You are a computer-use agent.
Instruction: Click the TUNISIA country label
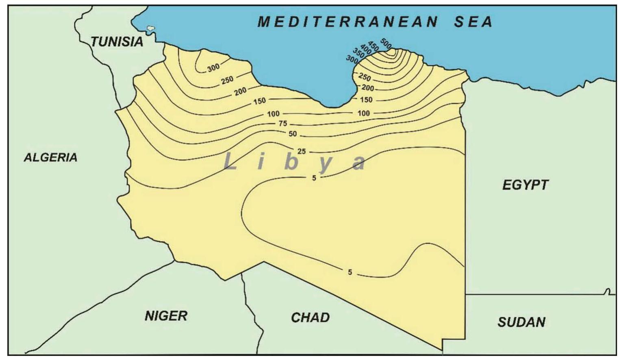click(x=117, y=41)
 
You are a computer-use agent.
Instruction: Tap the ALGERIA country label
click(x=50, y=157)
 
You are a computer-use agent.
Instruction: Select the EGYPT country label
click(x=525, y=185)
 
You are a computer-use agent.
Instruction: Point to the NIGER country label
click(x=166, y=316)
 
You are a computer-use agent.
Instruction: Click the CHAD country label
click(x=310, y=317)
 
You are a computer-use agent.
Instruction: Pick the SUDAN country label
click(x=521, y=322)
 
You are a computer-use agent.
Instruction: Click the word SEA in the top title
click(x=474, y=22)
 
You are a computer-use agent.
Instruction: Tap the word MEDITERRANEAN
click(x=348, y=22)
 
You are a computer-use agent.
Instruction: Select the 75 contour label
click(x=283, y=124)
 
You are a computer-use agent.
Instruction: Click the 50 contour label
click(x=293, y=134)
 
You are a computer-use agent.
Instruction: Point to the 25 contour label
click(x=301, y=152)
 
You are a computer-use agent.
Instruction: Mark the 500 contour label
click(x=386, y=43)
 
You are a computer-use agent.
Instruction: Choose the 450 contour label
click(x=373, y=46)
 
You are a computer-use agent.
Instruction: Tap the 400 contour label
click(x=366, y=50)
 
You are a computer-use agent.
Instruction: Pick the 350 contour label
click(x=358, y=53)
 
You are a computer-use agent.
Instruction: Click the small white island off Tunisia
click(x=151, y=28)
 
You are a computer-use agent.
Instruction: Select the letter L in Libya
click(x=230, y=162)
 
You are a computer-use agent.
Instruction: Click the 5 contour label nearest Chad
click(x=350, y=272)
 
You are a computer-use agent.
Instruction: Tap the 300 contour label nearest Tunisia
click(x=213, y=68)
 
